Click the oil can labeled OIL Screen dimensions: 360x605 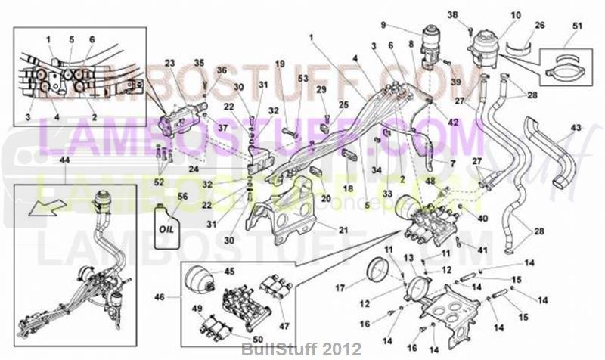pos(167,222)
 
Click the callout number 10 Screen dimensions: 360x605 pos(517,14)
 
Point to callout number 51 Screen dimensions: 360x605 pos(579,28)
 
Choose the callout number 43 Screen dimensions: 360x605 pos(576,128)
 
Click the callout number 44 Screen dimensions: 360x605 pos(64,161)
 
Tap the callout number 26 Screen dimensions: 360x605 pos(539,25)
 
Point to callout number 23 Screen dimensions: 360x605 pos(169,63)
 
